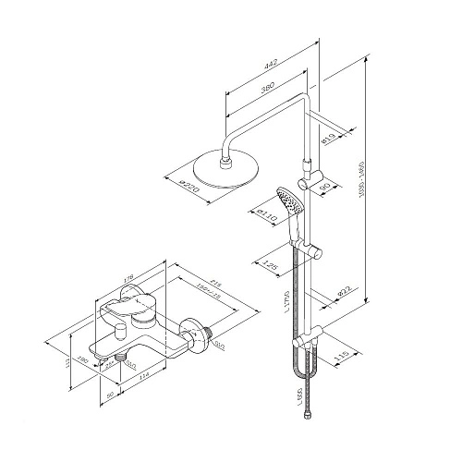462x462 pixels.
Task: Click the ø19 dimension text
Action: pos(328,140)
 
